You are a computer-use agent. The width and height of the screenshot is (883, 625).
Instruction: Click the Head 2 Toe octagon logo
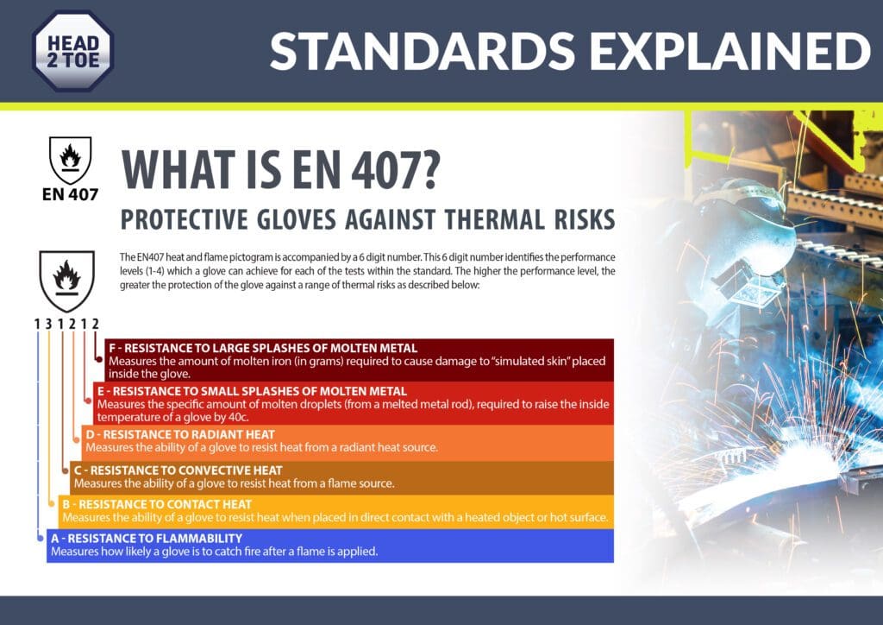[73, 51]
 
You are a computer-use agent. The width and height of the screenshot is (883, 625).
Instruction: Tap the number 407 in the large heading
[395, 169]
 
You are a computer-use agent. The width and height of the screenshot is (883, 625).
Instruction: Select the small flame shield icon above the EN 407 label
[71, 160]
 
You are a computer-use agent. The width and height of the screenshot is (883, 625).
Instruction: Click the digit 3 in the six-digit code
[48, 324]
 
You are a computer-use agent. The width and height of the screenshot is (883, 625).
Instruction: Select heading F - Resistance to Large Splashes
[263, 348]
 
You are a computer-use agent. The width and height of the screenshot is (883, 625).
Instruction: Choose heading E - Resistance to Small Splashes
[252, 391]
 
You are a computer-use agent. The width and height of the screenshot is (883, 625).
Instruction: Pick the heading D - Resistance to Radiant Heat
[180, 434]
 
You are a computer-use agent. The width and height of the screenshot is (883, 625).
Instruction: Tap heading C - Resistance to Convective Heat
[178, 470]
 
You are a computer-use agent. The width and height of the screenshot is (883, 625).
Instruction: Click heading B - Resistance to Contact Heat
[157, 504]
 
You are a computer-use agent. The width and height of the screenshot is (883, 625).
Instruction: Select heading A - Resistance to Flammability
[147, 538]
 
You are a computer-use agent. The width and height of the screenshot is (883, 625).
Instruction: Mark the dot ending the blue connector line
[40, 538]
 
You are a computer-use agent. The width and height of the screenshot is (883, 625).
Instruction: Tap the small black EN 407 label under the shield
[71, 194]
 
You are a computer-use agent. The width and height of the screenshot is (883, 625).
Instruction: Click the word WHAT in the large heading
[178, 169]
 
